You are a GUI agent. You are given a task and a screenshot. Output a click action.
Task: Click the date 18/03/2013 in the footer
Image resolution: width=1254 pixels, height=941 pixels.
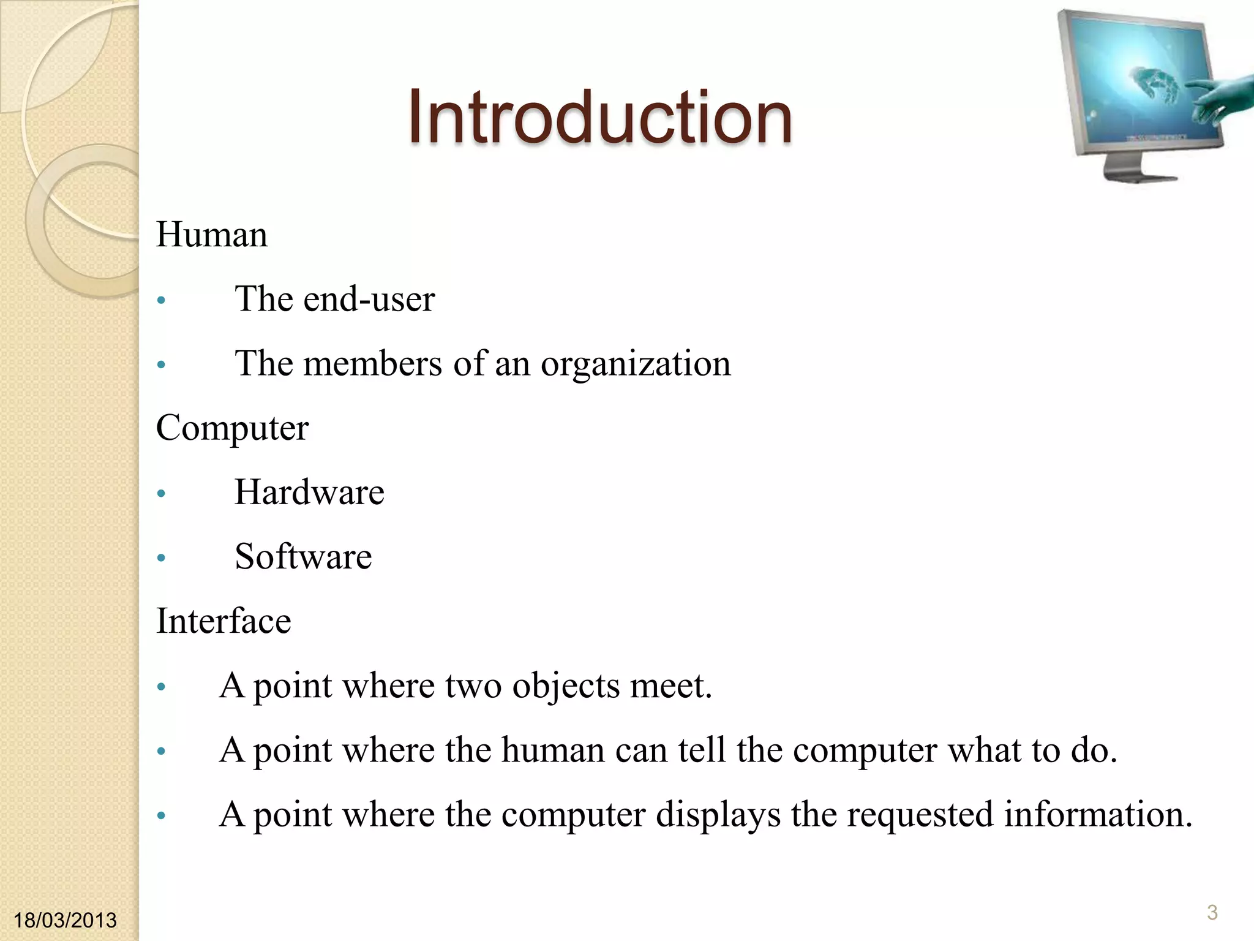[x=65, y=920]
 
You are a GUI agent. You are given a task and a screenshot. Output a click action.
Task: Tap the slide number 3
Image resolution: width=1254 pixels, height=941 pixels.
[x=1212, y=912]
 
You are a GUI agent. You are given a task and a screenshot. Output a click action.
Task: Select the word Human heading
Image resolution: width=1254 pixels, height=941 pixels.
[x=212, y=235]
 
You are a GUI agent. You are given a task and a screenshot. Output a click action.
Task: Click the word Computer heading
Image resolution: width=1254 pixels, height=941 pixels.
[x=232, y=428]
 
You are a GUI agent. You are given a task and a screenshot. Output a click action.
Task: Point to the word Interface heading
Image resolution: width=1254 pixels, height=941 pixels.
[x=223, y=621]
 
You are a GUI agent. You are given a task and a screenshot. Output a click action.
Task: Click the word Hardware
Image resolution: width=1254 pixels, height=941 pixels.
[x=309, y=492]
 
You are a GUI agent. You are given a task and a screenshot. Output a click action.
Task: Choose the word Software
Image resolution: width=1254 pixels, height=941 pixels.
[x=303, y=556]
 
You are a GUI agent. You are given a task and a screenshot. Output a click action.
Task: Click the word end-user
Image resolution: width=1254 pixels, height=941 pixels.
[x=369, y=299]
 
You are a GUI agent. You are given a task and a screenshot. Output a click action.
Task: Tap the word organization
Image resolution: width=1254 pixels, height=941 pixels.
[x=636, y=364]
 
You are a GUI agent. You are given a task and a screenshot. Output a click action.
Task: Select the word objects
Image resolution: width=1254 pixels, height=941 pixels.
[x=566, y=686]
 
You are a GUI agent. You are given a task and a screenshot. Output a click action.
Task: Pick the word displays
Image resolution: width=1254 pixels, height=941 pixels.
[x=718, y=815]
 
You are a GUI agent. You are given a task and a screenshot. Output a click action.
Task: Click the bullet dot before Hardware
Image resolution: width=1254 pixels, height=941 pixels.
[x=161, y=493]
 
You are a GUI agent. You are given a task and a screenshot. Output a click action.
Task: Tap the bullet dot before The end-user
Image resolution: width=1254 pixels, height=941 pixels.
[x=161, y=300]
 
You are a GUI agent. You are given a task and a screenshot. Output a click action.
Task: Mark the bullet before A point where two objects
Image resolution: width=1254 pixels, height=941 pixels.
[x=161, y=687]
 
